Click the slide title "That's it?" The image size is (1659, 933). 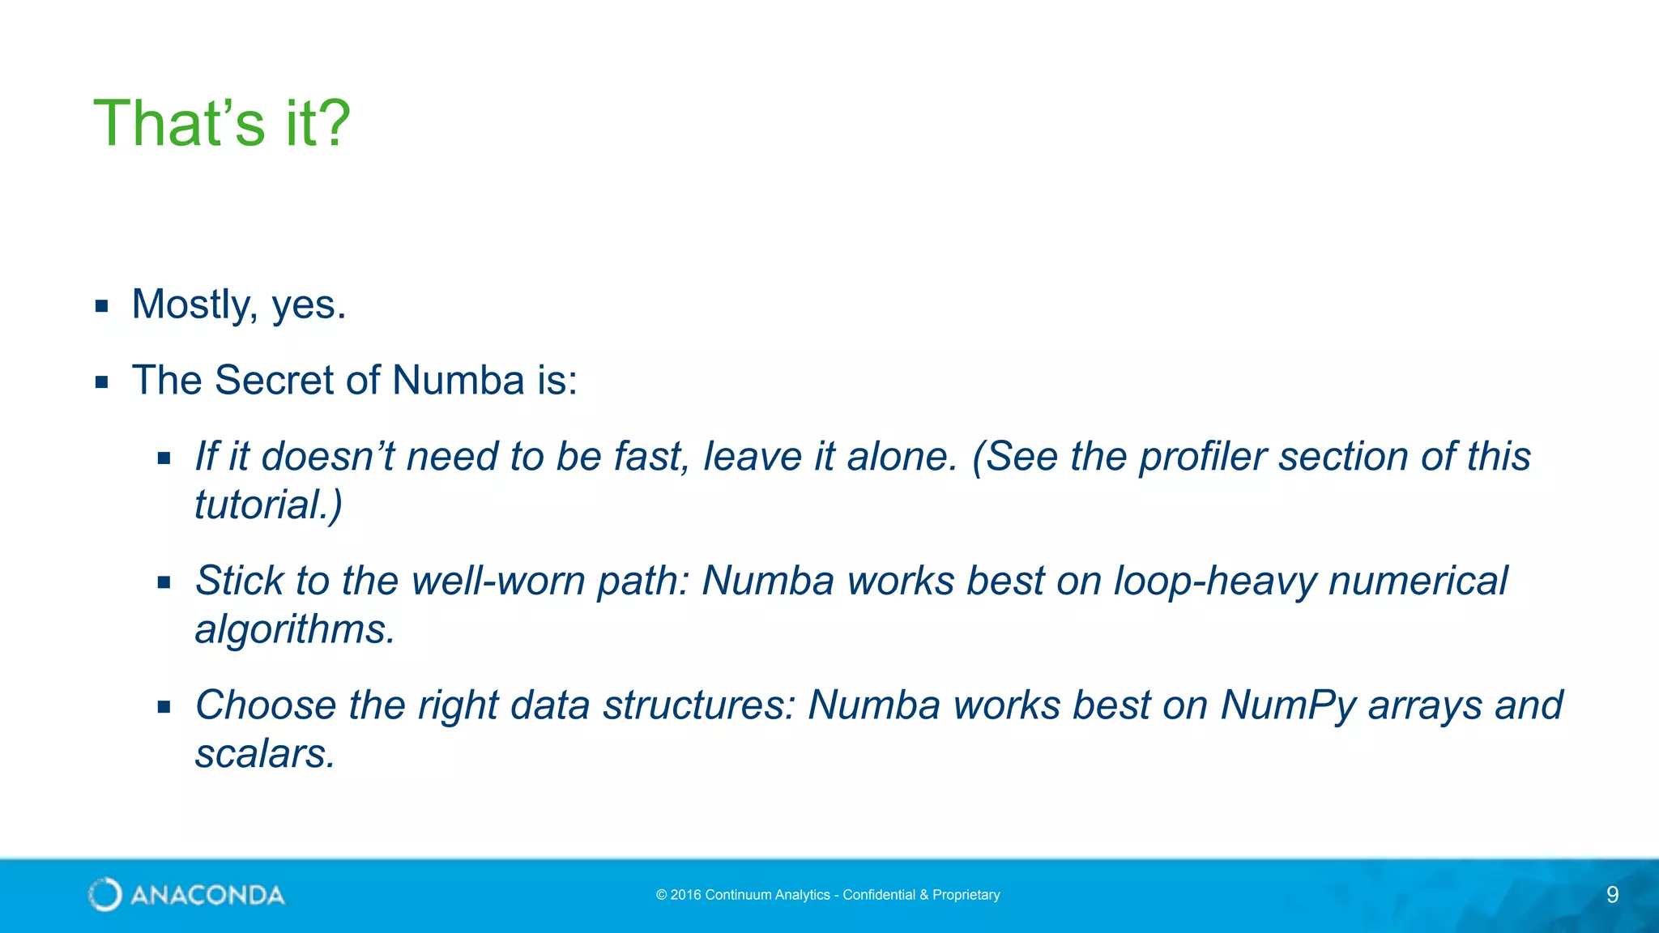(222, 123)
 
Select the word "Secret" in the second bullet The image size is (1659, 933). (275, 380)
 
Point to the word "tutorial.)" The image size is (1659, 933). (268, 505)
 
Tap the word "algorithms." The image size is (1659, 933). (295, 629)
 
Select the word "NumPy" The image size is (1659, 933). (1288, 705)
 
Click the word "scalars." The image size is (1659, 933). (265, 753)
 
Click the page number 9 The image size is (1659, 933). (1612, 895)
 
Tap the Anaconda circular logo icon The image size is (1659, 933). (105, 895)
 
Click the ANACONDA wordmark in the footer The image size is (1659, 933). (207, 895)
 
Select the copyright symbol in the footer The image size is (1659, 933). (661, 895)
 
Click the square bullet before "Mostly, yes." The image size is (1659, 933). (101, 306)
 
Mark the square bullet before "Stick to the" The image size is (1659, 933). (164, 582)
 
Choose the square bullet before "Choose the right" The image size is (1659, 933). (164, 706)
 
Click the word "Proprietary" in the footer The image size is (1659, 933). (966, 895)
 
